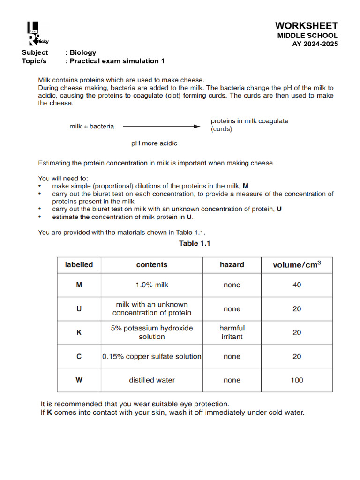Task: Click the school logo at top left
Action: (x=37, y=34)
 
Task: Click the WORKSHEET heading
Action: (x=306, y=26)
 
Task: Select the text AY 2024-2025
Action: (x=315, y=44)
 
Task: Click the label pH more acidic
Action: (x=154, y=143)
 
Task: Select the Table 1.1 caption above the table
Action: (x=195, y=243)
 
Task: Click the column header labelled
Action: (x=79, y=265)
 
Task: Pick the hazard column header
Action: (x=232, y=265)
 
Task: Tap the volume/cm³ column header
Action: (x=297, y=265)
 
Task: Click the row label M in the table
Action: (x=79, y=285)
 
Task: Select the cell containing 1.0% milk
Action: (x=152, y=285)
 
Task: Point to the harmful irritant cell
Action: (x=232, y=332)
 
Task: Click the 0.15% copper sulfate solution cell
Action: (x=152, y=356)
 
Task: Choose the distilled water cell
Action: (x=152, y=380)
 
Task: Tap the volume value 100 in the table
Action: (x=297, y=380)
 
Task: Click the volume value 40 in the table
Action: (x=297, y=285)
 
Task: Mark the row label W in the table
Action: (x=79, y=380)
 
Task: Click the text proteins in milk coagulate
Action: (x=249, y=121)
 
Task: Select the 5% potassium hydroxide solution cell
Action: (x=152, y=332)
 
